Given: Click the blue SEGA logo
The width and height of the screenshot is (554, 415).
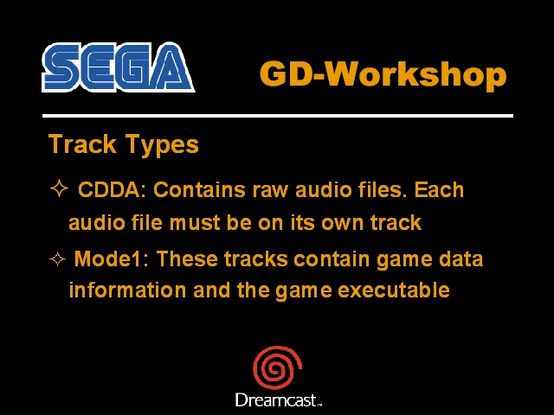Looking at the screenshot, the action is (119, 67).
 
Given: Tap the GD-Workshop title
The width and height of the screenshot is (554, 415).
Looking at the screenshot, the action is (383, 74).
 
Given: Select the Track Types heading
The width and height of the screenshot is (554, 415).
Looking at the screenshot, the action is (123, 144).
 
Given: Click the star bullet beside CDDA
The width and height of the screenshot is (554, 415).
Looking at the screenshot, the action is (59, 188).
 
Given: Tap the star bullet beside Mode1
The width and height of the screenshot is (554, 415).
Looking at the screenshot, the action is (58, 259).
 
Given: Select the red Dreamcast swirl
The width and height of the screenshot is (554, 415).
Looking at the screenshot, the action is (277, 367).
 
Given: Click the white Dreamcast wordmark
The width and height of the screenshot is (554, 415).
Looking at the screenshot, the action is (279, 400).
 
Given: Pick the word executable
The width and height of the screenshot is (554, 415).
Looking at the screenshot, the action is (394, 290).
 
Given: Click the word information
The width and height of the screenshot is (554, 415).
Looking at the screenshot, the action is (127, 290).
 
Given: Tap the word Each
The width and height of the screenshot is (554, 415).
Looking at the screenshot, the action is (439, 189).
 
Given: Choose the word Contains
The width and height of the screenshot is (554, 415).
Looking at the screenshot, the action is (199, 189).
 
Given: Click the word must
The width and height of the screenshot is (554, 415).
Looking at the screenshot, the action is (195, 223).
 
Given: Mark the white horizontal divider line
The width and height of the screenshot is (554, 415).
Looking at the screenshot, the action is (278, 116).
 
